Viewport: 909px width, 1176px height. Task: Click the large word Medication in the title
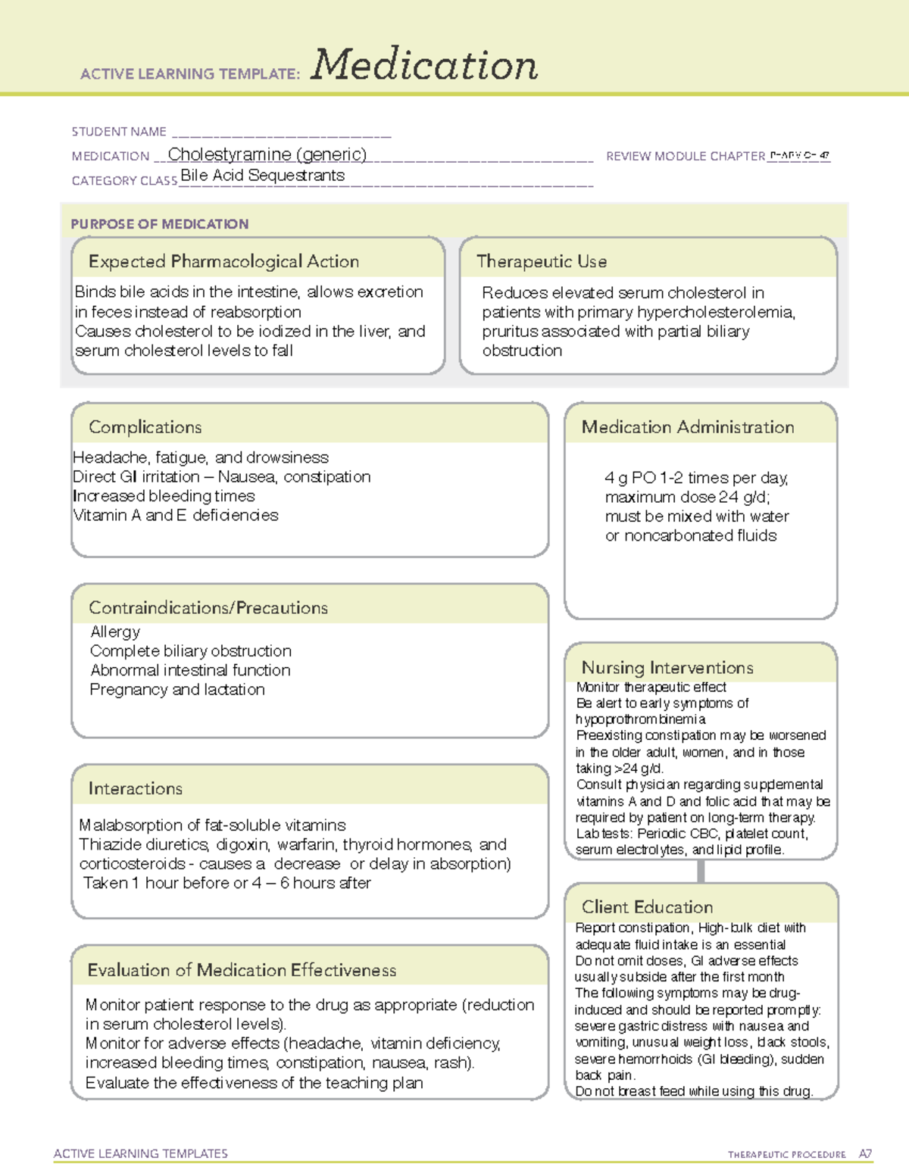424,66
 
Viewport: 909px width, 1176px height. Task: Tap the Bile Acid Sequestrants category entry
262,176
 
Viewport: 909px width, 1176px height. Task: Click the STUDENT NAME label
119,132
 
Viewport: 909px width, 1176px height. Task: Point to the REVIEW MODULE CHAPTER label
686,156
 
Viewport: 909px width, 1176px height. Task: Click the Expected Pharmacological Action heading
223,262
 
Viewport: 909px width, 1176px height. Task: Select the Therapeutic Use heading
542,262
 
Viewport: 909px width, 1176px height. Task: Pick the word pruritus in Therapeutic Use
510,332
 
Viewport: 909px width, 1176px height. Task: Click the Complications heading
145,427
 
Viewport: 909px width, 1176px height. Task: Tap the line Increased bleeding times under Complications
164,496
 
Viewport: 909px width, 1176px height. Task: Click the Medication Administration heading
688,427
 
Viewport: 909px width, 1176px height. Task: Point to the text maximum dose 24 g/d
687,498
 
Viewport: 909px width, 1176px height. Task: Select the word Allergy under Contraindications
115,632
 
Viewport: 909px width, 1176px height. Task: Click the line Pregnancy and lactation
177,690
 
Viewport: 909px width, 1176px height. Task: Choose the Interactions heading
136,789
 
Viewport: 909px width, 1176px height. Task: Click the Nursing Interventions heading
667,668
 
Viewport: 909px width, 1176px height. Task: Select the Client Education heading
647,907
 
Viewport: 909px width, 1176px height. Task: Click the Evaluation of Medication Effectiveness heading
242,971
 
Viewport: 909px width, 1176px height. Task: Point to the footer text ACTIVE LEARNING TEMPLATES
141,1153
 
